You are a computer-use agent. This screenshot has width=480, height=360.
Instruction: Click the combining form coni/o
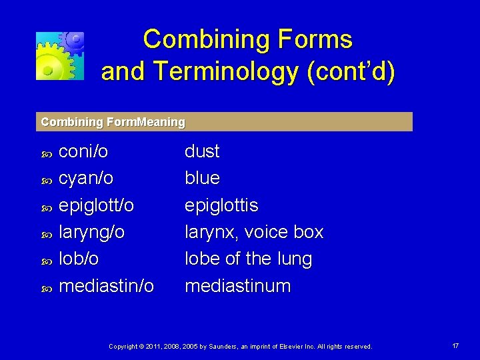83,151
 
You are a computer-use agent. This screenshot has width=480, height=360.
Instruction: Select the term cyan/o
86,179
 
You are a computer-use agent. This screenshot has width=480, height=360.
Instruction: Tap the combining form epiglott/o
97,205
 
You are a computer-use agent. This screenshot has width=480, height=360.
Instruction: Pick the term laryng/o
92,232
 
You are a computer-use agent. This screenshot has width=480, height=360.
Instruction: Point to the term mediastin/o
107,286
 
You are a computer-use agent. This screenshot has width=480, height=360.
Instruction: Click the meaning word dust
202,151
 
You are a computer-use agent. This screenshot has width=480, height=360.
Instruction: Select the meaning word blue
202,178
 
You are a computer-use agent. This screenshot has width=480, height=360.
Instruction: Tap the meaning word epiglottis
221,205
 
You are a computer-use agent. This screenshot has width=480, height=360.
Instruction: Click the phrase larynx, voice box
253,232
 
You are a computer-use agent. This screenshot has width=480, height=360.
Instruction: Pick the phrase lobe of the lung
248,259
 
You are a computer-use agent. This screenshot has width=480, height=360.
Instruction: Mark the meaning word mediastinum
237,286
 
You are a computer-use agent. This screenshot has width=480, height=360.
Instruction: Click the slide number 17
455,346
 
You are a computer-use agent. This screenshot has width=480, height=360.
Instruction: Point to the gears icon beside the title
60,55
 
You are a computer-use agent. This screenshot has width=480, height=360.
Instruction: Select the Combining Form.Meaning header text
113,122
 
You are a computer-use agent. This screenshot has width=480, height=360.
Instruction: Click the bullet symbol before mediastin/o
47,288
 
